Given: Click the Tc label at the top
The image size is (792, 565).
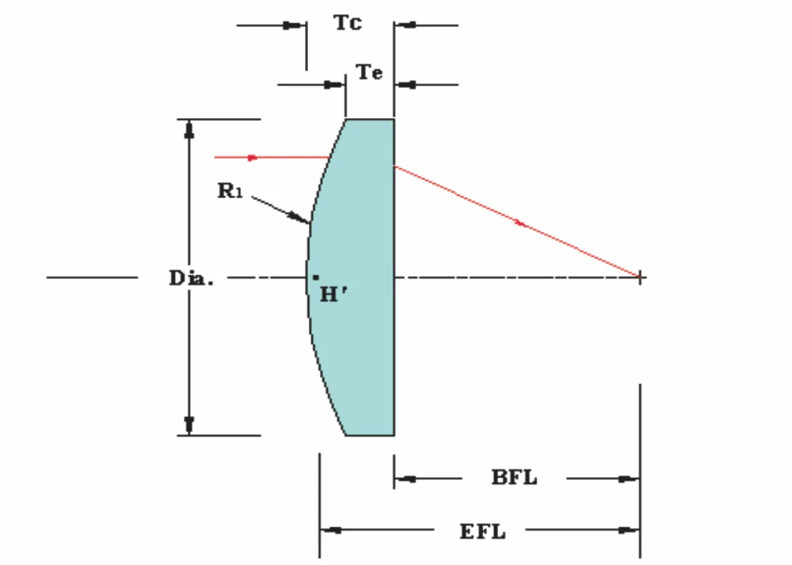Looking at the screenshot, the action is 348,23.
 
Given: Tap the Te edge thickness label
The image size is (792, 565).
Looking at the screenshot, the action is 370,72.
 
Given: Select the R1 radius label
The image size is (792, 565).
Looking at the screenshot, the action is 230,190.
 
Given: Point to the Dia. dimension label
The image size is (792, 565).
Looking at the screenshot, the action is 191,278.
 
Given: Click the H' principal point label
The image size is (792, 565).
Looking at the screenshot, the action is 334,294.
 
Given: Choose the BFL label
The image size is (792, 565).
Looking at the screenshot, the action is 514,478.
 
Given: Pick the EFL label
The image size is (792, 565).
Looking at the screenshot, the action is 482,532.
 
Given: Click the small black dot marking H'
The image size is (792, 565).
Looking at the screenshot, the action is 316,277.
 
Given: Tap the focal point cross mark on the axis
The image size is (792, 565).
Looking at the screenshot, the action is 640,277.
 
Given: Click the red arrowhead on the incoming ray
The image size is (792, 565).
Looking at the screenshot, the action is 252,158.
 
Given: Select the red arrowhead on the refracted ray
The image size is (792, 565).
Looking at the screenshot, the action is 520,223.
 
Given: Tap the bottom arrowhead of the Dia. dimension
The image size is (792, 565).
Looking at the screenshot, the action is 189,426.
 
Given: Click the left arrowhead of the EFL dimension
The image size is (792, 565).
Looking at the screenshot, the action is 331,530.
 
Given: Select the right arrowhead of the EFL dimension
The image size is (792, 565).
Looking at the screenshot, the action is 629,530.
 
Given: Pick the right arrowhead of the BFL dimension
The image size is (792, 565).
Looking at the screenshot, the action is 629,479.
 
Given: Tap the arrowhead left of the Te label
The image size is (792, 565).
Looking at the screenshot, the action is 334,85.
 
